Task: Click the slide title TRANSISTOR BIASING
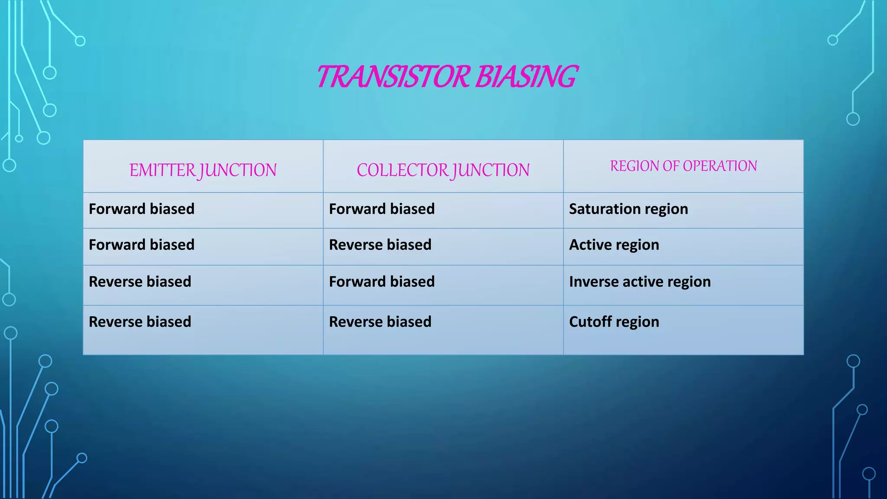tap(447, 77)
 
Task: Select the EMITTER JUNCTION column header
tap(203, 170)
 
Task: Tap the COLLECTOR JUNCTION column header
tap(443, 170)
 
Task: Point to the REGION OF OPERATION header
tap(683, 166)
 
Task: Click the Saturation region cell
tap(628, 209)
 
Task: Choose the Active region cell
tap(614, 245)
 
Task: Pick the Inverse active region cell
tap(640, 282)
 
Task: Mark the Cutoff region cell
tap(614, 322)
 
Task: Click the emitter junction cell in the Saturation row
tap(142, 209)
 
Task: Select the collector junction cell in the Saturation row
tap(382, 209)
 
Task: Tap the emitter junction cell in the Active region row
tap(142, 245)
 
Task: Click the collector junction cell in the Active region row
tap(380, 245)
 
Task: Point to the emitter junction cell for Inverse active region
tap(140, 282)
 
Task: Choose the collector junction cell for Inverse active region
tap(382, 282)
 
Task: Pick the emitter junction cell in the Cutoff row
tap(140, 322)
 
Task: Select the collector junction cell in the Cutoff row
tap(380, 322)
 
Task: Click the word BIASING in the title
tap(526, 77)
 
